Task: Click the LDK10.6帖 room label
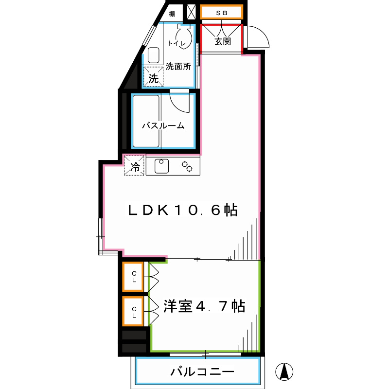[x=182, y=210]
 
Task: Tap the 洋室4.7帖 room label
[x=204, y=307]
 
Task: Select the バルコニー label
[x=202, y=372]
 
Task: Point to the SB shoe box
[x=221, y=13]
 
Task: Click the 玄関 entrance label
[x=223, y=41]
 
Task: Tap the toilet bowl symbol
[x=181, y=33]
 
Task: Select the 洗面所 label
[x=178, y=66]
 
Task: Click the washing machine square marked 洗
[x=153, y=77]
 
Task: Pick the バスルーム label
[x=163, y=126]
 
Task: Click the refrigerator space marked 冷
[x=135, y=166]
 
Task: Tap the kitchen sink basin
[x=162, y=166]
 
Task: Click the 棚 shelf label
[x=172, y=14]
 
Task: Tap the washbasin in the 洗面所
[x=154, y=55]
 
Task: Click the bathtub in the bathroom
[x=146, y=122]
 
